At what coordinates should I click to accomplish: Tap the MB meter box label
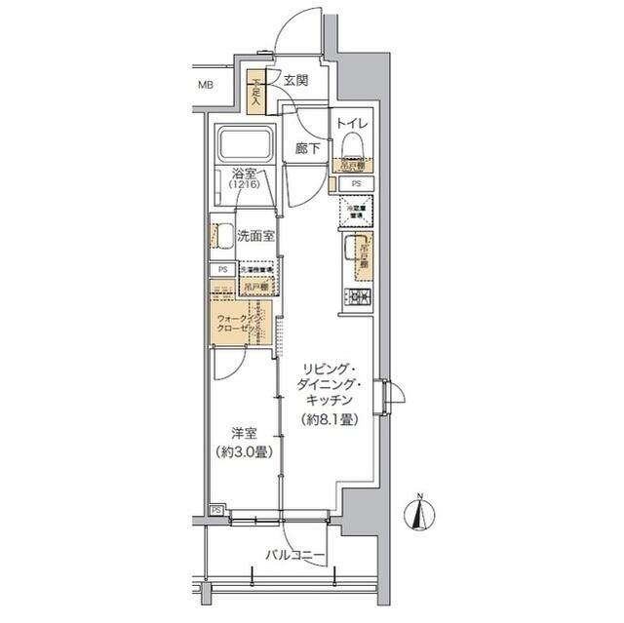(x=206, y=85)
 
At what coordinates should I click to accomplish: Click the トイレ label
(x=352, y=123)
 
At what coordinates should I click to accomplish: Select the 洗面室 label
(x=255, y=235)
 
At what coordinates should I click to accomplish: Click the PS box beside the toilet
(x=356, y=183)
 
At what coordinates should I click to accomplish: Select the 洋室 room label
(x=245, y=434)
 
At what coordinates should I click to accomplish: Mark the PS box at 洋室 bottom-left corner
(x=216, y=510)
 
